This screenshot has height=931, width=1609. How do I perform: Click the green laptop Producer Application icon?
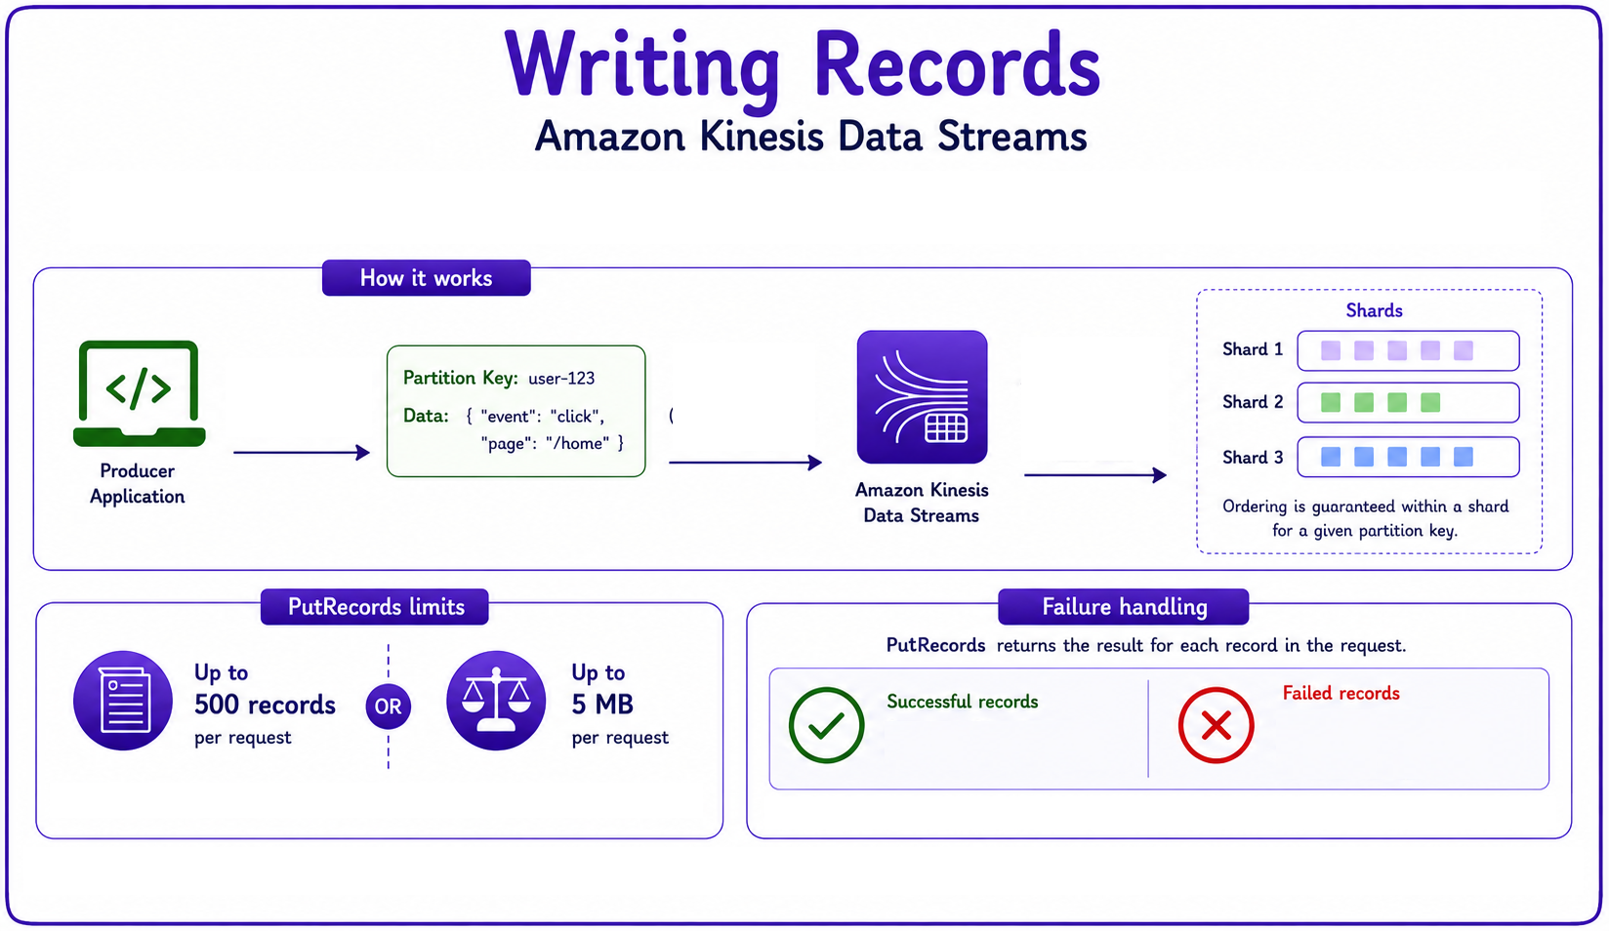[140, 392]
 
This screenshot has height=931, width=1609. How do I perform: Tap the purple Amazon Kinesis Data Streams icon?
[922, 396]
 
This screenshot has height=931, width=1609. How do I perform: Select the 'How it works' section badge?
[426, 278]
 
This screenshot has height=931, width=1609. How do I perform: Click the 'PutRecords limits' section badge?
[375, 607]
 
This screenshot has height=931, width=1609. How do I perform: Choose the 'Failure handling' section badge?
[1124, 607]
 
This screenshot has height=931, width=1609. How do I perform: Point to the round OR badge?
[388, 707]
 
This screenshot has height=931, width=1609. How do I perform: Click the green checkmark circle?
[826, 724]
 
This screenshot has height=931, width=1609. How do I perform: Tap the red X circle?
[1217, 725]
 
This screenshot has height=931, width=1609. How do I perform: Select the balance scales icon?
[496, 701]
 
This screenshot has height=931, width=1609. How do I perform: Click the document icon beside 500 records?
[123, 701]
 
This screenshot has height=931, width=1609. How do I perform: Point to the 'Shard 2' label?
[1253, 402]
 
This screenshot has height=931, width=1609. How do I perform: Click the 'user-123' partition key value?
[561, 379]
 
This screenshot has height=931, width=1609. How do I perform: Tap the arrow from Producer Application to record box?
[302, 452]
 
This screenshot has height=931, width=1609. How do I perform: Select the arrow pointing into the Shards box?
[1095, 474]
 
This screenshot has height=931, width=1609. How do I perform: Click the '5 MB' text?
[602, 705]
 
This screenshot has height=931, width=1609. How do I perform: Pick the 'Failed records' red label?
[1341, 693]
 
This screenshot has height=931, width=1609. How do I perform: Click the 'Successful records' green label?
[963, 702]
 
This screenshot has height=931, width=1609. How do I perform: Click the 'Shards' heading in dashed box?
[1374, 310]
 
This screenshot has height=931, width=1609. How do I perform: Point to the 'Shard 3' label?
[1253, 458]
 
